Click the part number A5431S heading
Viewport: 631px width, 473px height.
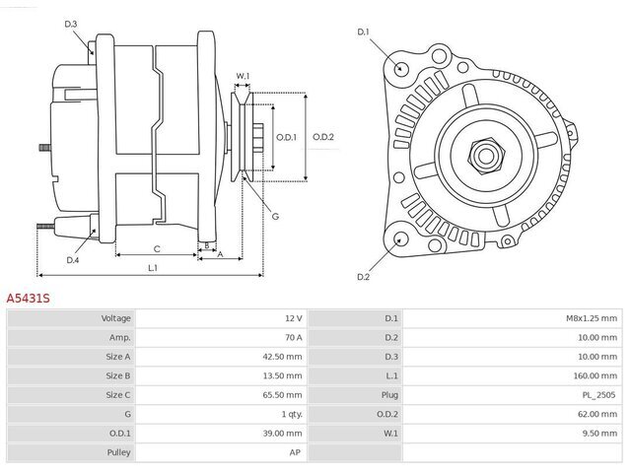[29, 299]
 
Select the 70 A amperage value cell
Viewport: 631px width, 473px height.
[293, 337]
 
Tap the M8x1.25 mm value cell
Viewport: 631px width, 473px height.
[592, 318]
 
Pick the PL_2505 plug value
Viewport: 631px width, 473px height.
[598, 395]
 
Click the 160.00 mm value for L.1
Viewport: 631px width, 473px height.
[595, 375]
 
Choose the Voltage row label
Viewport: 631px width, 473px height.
[116, 318]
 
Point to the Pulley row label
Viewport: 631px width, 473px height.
[118, 452]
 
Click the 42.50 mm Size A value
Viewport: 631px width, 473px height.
[282, 357]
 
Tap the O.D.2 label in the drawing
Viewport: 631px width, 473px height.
[323, 137]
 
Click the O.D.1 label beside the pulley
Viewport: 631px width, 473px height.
[286, 137]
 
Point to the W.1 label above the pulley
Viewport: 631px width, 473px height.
[243, 76]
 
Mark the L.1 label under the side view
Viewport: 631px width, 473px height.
[153, 268]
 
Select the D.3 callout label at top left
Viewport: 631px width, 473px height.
[70, 24]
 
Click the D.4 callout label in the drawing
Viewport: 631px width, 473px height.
[72, 260]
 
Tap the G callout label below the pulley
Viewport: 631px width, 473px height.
[275, 217]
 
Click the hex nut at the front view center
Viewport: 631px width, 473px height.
[486, 156]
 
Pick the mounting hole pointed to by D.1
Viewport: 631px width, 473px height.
[399, 68]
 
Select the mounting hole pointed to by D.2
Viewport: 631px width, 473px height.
[399, 238]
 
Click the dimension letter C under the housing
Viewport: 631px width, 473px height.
[157, 249]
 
